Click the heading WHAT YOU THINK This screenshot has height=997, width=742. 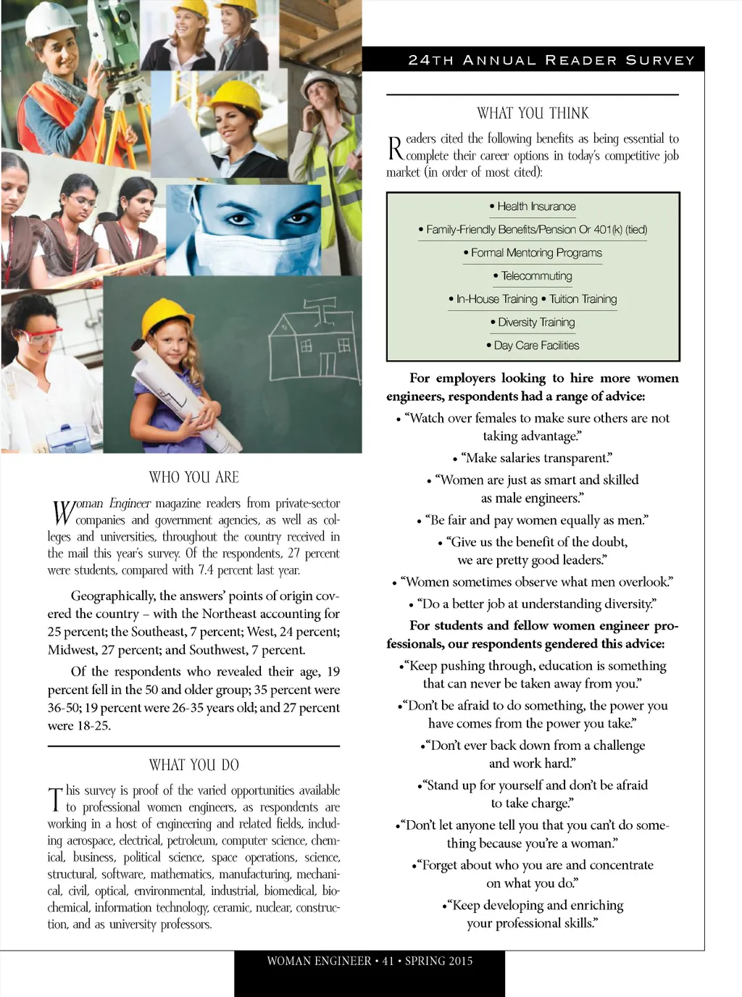[533, 113]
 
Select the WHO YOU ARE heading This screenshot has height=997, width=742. [193, 477]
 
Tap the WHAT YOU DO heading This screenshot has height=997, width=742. [193, 764]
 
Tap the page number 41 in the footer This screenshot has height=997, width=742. [388, 961]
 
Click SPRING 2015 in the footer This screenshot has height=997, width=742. [438, 961]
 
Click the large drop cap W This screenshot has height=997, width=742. [62, 512]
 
